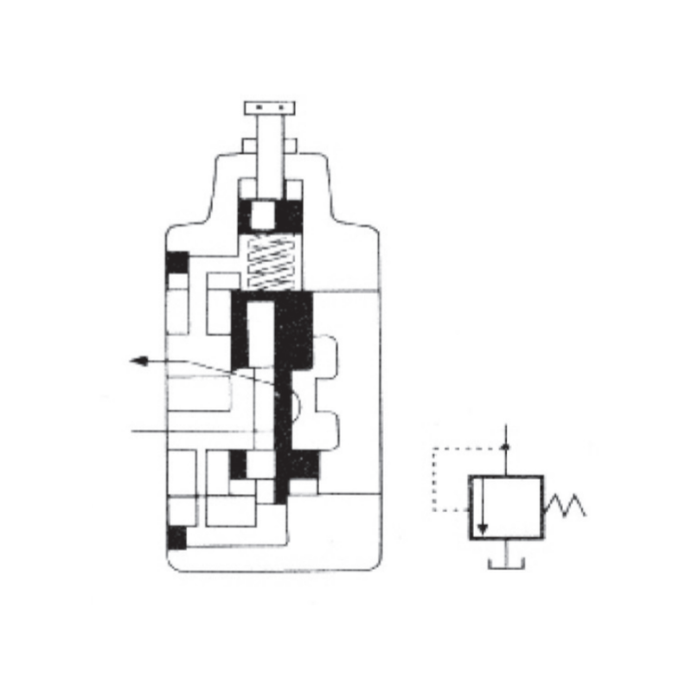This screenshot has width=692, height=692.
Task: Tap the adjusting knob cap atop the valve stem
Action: pos(271,108)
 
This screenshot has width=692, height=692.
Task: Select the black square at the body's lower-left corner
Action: pos(176,537)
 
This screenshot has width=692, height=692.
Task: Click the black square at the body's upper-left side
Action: pos(177,262)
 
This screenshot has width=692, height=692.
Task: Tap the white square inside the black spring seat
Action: pos(271,212)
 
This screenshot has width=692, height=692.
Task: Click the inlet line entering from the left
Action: pos(173,430)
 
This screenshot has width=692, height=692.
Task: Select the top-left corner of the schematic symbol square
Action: pos(471,476)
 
